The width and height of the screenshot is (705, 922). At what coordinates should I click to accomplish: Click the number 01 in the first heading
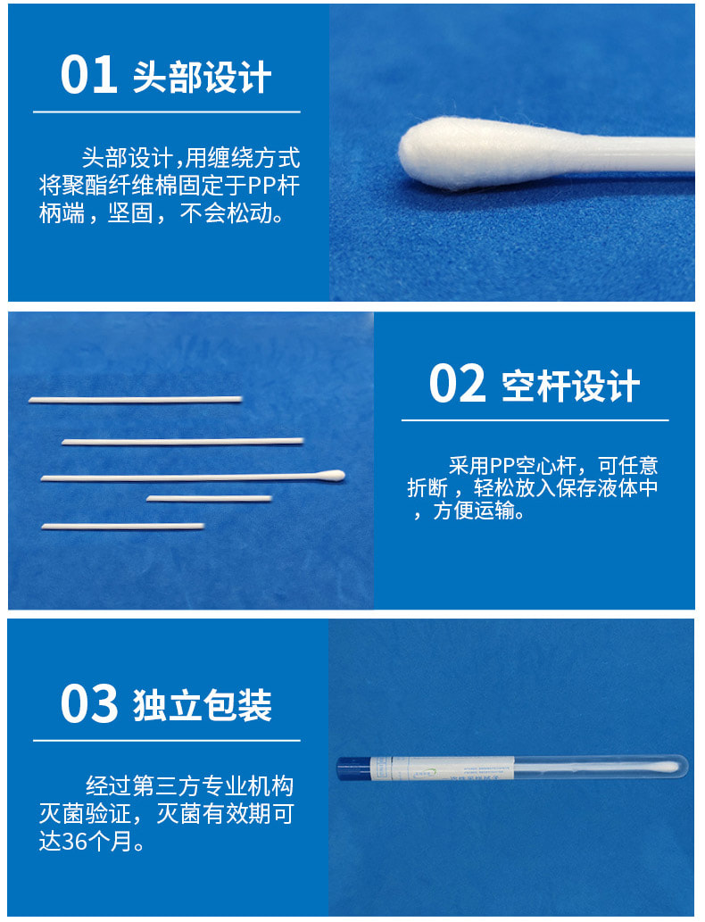click(x=88, y=76)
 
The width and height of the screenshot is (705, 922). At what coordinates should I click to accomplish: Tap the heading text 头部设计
click(x=202, y=78)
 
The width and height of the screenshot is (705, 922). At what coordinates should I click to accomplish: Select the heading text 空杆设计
click(x=570, y=386)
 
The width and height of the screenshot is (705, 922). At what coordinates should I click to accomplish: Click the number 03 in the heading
click(x=88, y=703)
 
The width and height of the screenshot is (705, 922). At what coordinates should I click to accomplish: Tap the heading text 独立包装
click(x=202, y=705)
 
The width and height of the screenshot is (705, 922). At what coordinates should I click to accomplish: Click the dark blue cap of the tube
click(x=353, y=768)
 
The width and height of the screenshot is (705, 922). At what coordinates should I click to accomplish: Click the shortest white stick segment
click(x=209, y=498)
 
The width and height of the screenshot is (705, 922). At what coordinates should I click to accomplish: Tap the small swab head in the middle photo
click(x=331, y=474)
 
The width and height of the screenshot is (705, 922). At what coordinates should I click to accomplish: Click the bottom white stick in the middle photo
click(x=122, y=527)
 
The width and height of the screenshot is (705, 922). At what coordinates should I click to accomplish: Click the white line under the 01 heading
click(x=167, y=112)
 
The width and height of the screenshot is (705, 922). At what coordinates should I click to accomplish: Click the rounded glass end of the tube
click(x=683, y=767)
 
